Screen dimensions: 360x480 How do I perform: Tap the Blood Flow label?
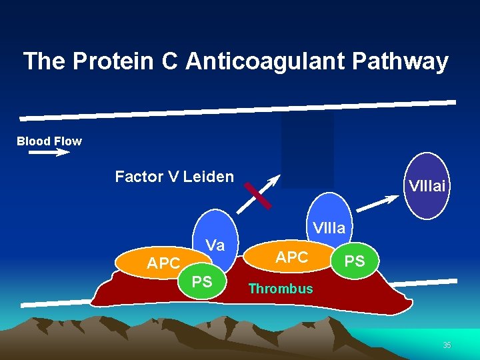tap(49, 141)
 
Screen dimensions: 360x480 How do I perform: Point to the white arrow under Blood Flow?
tap(49, 153)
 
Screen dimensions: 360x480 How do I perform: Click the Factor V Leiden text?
tap(174, 177)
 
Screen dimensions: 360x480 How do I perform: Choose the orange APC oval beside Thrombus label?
tap(291, 257)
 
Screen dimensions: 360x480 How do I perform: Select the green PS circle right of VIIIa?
tap(355, 261)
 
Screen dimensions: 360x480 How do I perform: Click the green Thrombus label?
tap(280, 289)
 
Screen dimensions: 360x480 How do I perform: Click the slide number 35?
tap(447, 345)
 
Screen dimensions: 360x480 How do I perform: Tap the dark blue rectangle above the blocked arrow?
tap(307, 148)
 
